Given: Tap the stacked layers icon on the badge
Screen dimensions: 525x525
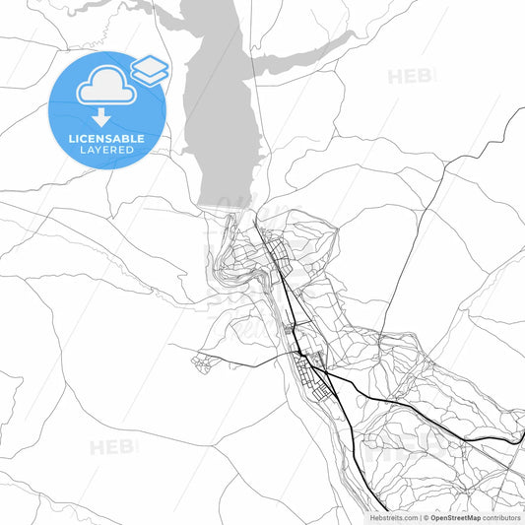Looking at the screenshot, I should (150, 68).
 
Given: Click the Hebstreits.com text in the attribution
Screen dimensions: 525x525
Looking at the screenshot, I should (391, 516).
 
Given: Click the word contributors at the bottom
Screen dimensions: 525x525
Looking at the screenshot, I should (501, 516).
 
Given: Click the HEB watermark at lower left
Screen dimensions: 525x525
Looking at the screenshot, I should (113, 448).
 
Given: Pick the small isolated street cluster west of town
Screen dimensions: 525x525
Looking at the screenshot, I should (203, 363).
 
